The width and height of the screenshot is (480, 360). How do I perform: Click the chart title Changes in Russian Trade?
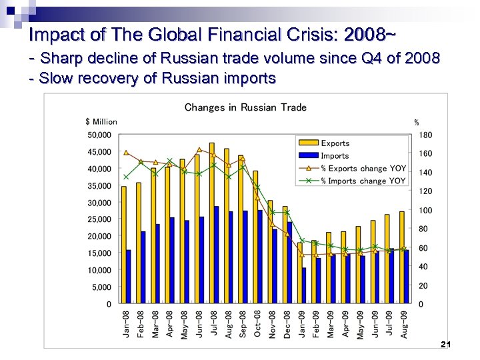tap(245, 107)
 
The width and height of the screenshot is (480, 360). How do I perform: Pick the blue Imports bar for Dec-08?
tap(290, 263)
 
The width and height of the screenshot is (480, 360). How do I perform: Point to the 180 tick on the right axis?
tap(425, 135)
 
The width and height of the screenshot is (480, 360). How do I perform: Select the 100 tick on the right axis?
tap(425, 210)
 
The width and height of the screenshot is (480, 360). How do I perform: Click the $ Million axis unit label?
tap(101, 121)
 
